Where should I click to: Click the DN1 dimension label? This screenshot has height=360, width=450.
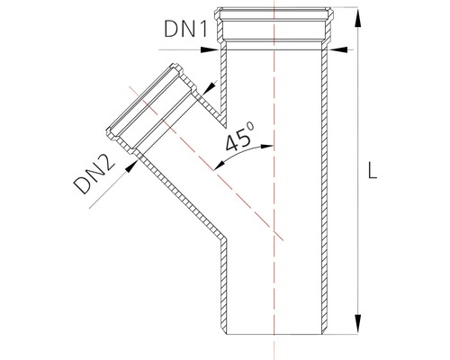186,30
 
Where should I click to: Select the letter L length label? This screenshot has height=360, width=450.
373,170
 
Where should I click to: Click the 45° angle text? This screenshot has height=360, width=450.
239,137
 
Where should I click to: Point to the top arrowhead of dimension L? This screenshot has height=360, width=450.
357,17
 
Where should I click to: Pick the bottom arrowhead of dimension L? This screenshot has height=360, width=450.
357,324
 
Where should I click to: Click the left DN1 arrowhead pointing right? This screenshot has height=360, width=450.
210,49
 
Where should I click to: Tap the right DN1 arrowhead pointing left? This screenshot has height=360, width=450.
337,49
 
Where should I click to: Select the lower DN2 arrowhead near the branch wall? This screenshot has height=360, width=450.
131,166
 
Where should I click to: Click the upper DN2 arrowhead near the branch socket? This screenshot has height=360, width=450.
209,87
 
